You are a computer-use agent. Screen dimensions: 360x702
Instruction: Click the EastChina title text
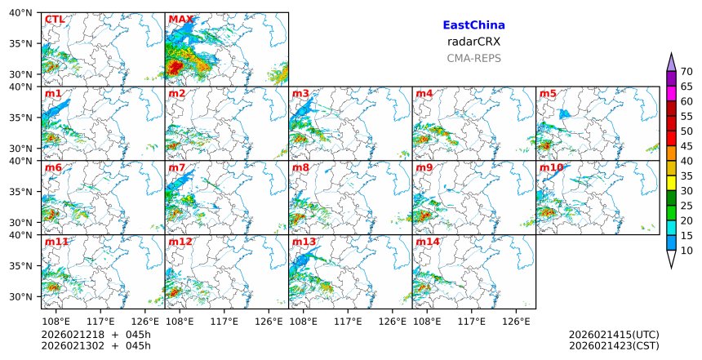473,25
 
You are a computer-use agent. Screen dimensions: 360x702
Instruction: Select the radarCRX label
473,42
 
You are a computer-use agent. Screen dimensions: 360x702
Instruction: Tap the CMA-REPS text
473,58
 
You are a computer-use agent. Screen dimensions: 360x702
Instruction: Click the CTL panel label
55,20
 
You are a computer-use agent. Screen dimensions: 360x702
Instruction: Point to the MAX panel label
181,20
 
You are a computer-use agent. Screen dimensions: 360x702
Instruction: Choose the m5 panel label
548,94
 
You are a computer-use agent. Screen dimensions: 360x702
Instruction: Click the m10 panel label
551,168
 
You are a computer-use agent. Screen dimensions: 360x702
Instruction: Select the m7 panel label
177,168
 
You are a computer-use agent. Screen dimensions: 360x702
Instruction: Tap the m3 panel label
300,94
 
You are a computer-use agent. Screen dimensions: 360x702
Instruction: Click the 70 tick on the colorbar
686,72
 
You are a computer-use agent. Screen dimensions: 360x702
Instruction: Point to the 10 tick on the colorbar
686,251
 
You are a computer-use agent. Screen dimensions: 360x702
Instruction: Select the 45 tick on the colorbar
686,146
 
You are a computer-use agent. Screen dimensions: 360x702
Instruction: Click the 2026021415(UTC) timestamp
614,335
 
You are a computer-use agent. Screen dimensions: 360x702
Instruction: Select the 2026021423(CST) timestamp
614,346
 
